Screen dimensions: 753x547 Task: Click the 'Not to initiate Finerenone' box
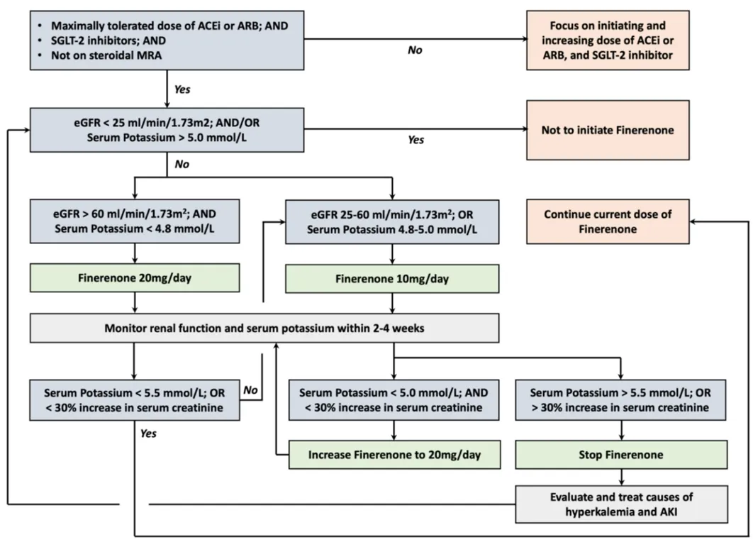tap(608, 130)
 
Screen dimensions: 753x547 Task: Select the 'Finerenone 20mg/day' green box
tap(135, 278)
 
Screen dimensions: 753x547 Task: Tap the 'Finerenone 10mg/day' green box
tap(392, 279)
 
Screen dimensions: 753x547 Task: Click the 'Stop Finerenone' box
tap(621, 455)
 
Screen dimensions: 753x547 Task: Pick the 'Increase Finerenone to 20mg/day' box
tap(394, 455)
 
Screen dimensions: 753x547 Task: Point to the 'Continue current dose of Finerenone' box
tap(608, 221)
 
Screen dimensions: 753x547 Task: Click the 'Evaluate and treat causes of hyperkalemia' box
tap(621, 504)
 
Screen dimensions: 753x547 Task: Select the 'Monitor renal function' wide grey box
tap(264, 328)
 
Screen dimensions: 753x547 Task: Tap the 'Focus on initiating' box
tap(608, 40)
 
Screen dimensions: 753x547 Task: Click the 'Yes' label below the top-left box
tap(182, 89)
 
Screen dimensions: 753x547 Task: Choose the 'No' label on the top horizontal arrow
tap(415, 50)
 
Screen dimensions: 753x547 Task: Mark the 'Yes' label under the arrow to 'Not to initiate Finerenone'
tap(416, 140)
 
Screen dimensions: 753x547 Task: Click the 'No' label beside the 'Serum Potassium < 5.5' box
tap(250, 389)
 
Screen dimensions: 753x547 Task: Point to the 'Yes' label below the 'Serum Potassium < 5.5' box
tap(148, 433)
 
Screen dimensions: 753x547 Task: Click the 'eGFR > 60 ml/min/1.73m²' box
tap(135, 221)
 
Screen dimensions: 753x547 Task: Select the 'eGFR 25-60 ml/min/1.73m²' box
tap(392, 222)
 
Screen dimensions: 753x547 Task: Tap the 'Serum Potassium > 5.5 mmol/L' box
tap(620, 400)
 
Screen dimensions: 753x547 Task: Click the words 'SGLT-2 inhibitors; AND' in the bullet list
tap(108, 40)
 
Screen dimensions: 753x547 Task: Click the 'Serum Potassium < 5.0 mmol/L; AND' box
tap(394, 400)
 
